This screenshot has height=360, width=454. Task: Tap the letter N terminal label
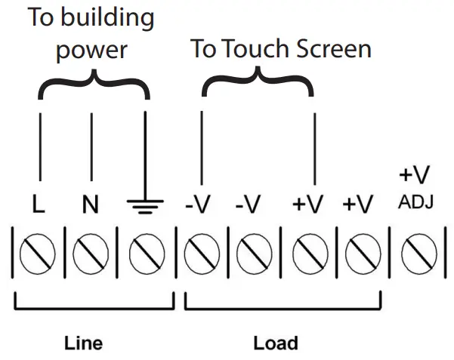(91, 205)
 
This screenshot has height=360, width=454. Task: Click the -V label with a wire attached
(198, 205)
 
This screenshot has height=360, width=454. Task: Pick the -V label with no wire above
(247, 205)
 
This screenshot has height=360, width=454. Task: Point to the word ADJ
(414, 202)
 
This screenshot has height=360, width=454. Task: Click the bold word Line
(84, 343)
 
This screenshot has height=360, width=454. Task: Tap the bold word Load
(275, 343)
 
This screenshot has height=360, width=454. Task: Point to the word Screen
(330, 49)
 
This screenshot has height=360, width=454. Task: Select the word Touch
(254, 49)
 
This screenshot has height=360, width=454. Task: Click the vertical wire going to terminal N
(91, 151)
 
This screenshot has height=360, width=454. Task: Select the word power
(92, 51)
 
